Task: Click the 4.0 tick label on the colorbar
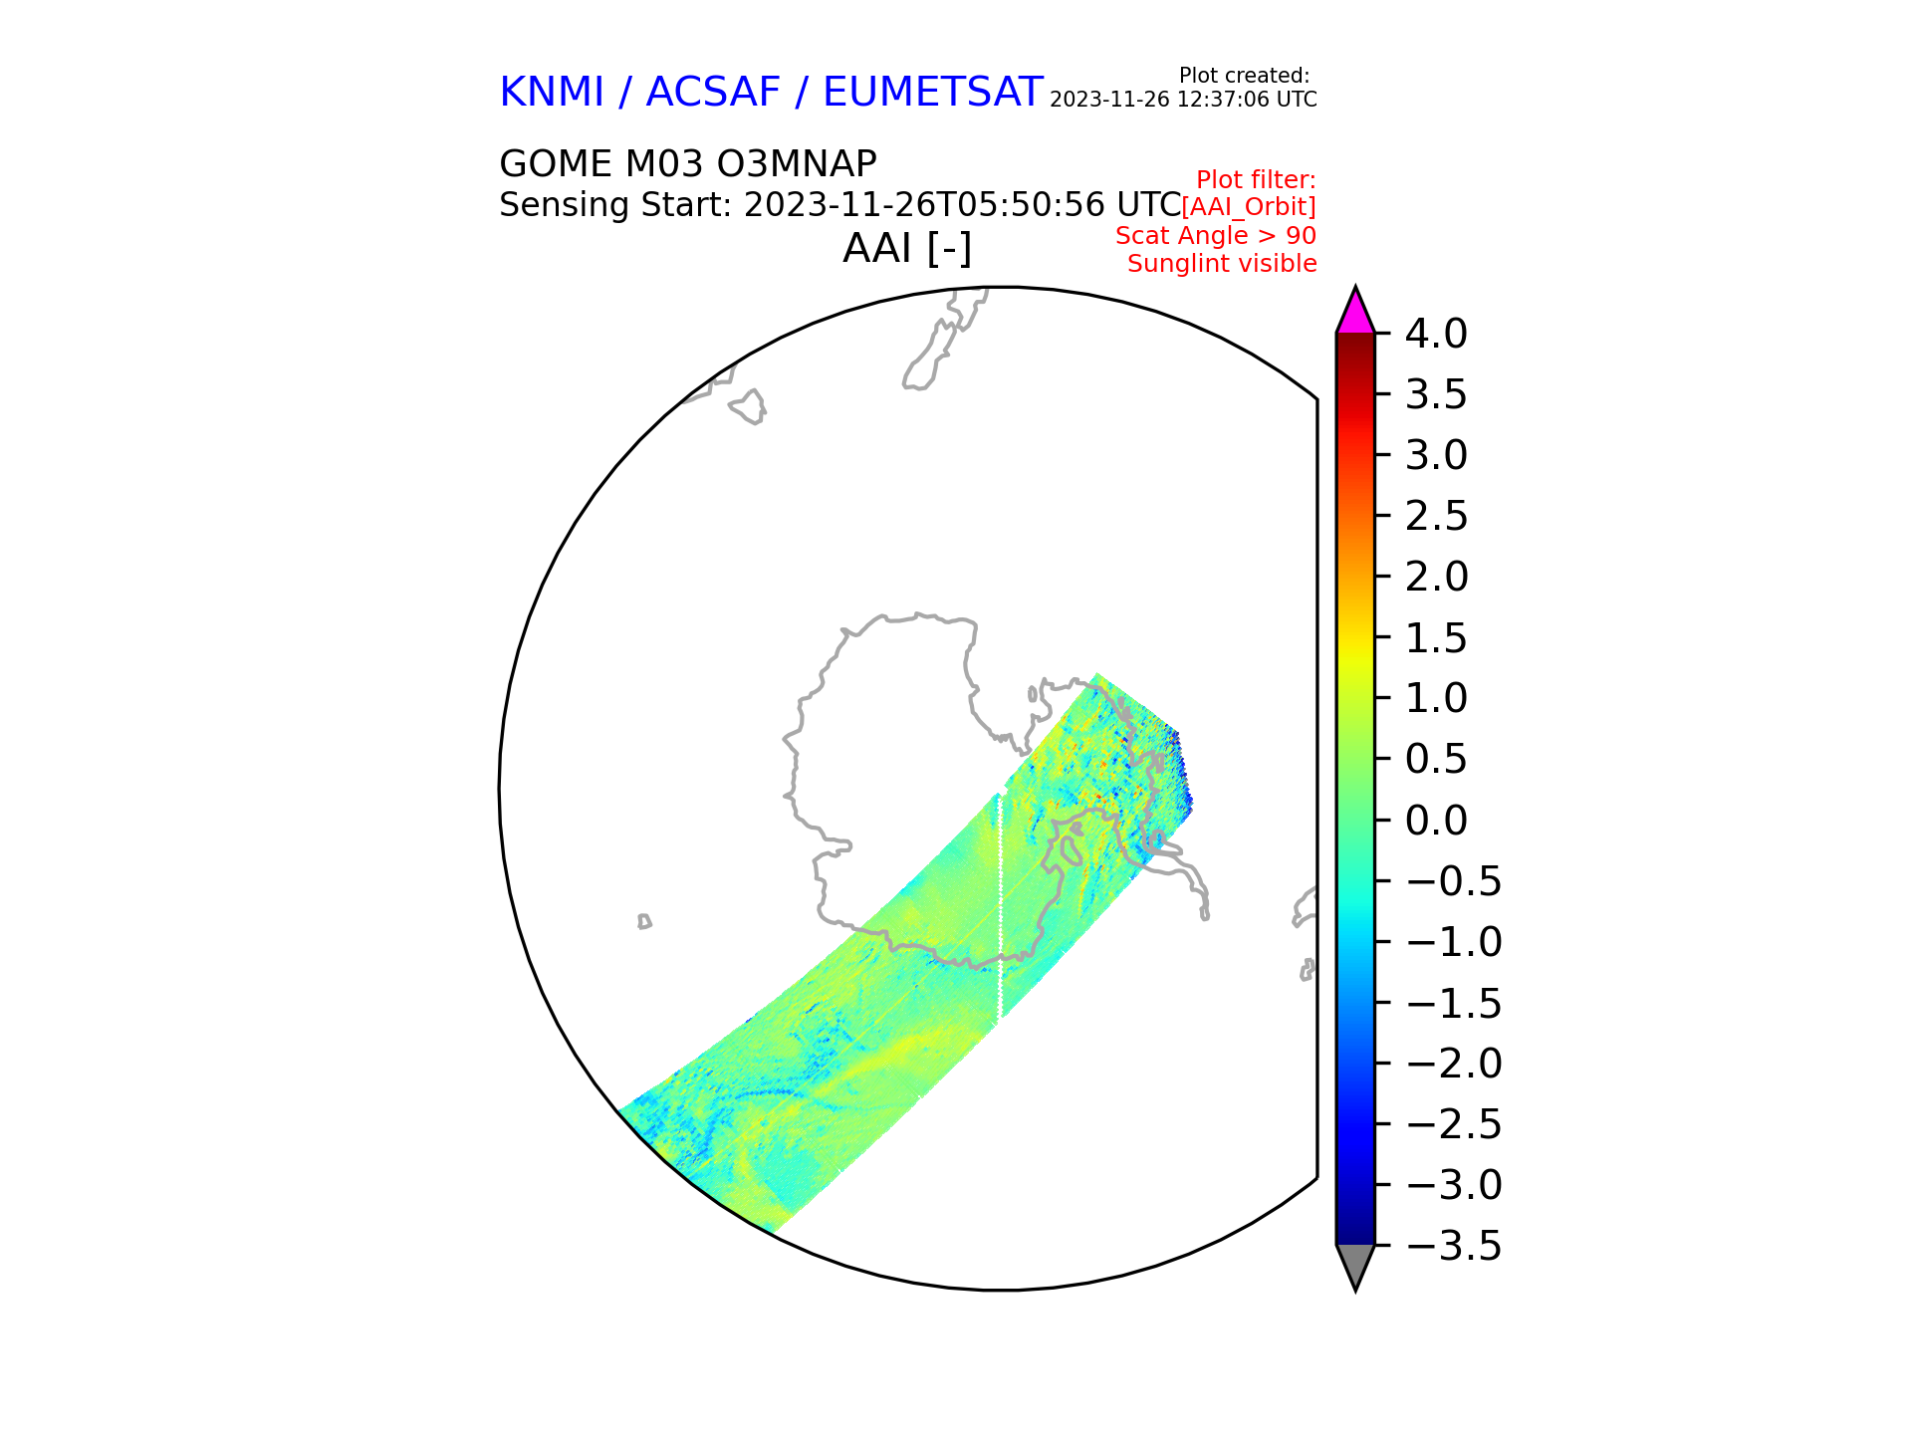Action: (1435, 335)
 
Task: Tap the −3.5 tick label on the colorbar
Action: (1453, 1246)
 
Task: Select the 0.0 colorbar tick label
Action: (1435, 821)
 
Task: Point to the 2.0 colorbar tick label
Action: (1435, 578)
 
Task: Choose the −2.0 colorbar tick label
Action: (1453, 1064)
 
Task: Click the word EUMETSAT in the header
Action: (932, 93)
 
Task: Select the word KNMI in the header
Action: (552, 93)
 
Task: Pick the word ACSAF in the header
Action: (713, 93)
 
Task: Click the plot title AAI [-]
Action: (907, 248)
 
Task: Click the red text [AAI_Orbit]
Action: (1248, 207)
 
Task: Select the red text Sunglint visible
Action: (1222, 264)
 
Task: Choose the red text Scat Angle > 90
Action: (1215, 236)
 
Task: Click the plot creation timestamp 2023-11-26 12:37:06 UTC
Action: (1183, 100)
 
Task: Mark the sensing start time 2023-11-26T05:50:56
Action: (924, 205)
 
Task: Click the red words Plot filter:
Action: (1256, 180)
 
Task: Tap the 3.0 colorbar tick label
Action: (1435, 456)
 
